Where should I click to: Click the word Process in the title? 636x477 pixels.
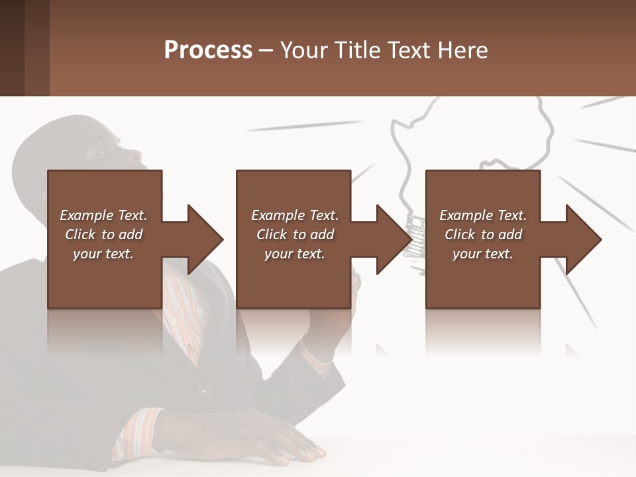(x=208, y=50)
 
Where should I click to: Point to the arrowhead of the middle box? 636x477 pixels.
(x=393, y=239)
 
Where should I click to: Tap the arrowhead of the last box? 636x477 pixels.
(x=583, y=239)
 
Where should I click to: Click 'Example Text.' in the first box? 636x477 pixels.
(x=103, y=215)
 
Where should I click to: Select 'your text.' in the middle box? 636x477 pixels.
(x=294, y=254)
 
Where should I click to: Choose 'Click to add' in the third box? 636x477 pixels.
(x=483, y=235)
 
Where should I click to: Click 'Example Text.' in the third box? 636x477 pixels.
(x=483, y=215)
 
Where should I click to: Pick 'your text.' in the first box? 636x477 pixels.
(x=103, y=254)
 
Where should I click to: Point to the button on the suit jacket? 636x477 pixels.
(x=205, y=391)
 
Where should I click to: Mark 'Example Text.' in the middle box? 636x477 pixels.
(x=294, y=215)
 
